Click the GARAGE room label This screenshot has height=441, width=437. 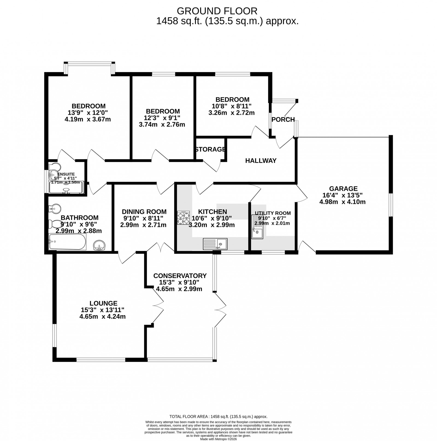click(343, 189)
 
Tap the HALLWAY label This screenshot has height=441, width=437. click(261, 161)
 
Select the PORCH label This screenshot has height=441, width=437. click(283, 120)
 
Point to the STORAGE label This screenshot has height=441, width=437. click(210, 149)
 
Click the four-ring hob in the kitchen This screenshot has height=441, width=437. click(183, 218)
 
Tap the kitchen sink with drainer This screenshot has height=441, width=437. click(215, 244)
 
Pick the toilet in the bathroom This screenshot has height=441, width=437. click(55, 224)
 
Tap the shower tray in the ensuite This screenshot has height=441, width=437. click(66, 188)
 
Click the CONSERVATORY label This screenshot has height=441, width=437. click(180, 276)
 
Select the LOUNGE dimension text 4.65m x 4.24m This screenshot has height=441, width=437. click(102, 317)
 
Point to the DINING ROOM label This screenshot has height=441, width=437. click(144, 212)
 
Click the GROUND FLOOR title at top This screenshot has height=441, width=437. click(217, 11)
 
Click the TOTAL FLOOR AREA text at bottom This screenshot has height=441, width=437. click(218, 424)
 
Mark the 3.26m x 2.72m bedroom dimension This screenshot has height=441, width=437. click(231, 113)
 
